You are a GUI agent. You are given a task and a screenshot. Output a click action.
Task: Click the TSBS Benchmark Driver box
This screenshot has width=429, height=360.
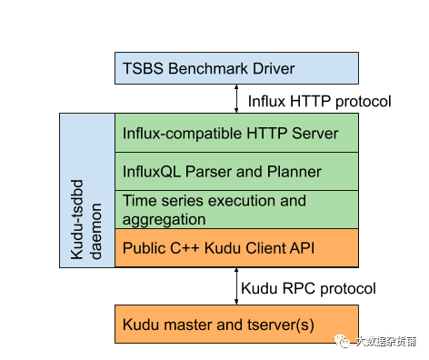click(x=236, y=68)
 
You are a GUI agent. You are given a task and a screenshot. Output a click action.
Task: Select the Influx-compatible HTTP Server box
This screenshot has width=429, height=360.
click(x=236, y=133)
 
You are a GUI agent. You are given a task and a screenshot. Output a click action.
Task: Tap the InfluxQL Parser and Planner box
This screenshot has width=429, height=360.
click(x=236, y=171)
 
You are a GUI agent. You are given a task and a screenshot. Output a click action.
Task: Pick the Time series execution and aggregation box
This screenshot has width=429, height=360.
click(x=236, y=209)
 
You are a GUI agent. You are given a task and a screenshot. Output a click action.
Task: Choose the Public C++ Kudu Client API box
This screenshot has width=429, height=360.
click(x=236, y=248)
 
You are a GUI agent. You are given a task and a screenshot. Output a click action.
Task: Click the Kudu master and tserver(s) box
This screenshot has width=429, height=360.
click(x=236, y=324)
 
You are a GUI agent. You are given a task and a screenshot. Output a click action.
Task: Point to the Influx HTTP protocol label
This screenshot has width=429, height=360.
click(x=319, y=102)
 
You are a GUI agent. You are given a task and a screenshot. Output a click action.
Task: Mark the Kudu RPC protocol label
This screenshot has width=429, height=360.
click(x=308, y=288)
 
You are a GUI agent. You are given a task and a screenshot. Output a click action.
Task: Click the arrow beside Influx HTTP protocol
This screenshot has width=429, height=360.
click(x=236, y=99)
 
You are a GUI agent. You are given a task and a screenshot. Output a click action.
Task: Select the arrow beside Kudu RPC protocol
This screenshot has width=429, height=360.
click(x=236, y=286)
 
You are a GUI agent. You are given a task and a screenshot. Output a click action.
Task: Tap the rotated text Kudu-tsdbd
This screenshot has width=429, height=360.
click(x=77, y=219)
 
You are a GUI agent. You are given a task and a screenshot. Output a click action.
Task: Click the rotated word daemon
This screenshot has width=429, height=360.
click(x=96, y=231)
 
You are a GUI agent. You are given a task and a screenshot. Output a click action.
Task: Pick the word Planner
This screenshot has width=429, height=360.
click(x=294, y=172)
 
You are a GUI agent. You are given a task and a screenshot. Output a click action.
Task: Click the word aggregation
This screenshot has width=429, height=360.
click(x=164, y=220)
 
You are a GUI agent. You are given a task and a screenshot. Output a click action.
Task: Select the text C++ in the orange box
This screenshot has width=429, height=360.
click(x=185, y=248)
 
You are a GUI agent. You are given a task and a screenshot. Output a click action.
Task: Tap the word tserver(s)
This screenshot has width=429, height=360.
click(x=281, y=325)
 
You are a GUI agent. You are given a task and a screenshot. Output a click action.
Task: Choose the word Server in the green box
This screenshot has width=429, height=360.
click(x=315, y=134)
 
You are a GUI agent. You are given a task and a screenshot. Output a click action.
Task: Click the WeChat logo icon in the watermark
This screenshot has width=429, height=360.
click(x=343, y=341)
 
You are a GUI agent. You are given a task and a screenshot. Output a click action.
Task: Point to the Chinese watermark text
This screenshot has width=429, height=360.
click(x=385, y=342)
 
